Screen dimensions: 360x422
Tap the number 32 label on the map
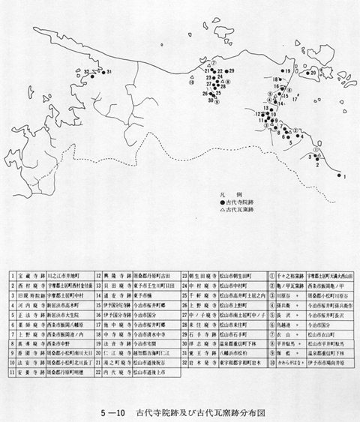coord(88,71)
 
